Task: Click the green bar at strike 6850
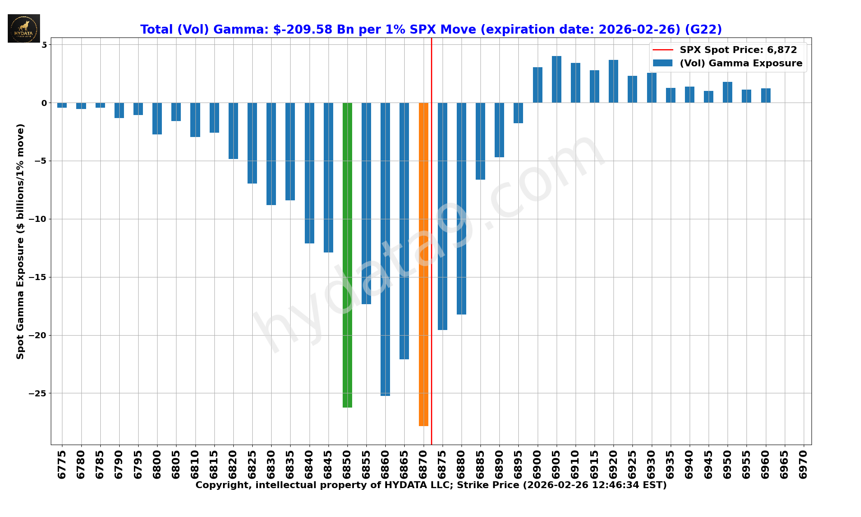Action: click(347, 254)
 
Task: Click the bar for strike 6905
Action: click(557, 79)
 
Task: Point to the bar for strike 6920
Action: click(613, 81)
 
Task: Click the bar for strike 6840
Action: click(310, 173)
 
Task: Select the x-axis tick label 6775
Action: click(62, 464)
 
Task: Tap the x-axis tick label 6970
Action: click(803, 464)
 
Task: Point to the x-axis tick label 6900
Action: click(537, 464)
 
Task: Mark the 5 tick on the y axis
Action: click(44, 45)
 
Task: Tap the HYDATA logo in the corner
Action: click(24, 28)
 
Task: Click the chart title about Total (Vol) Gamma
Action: click(431, 30)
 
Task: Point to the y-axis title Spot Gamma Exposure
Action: click(20, 241)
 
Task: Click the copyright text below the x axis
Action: click(431, 486)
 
